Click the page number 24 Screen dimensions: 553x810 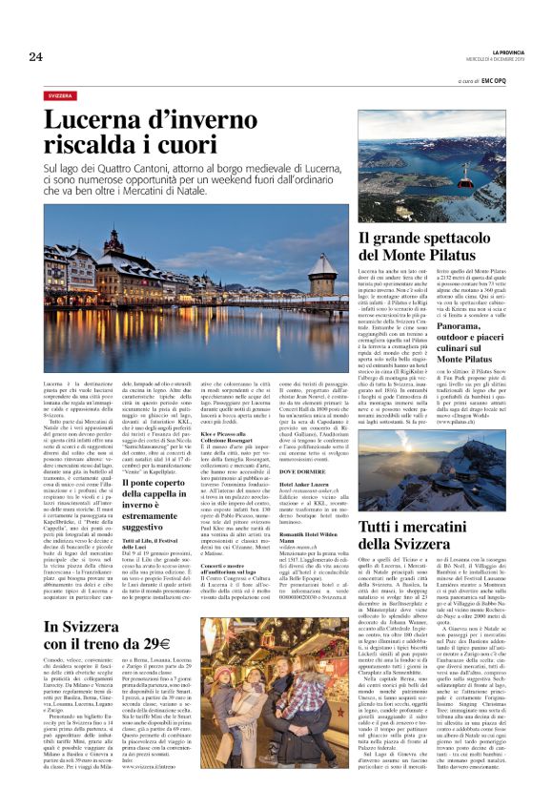pyautogui.click(x=35, y=57)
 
